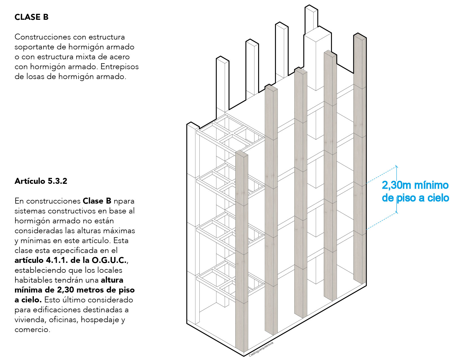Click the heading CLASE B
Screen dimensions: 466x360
pos(32,17)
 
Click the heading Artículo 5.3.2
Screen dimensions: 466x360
pos(41,181)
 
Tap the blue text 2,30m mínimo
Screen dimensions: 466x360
pos(415,185)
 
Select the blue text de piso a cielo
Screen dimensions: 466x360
pos(415,198)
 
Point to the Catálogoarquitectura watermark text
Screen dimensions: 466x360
pos(261,349)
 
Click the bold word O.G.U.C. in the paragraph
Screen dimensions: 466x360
pos(109,260)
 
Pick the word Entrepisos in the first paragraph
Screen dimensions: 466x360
pos(120,67)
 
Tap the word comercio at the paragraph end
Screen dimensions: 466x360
pos(32,330)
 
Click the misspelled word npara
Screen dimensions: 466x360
pos(124,201)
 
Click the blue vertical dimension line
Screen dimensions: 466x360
pos(397,189)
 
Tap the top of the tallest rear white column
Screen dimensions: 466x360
pos(311,8)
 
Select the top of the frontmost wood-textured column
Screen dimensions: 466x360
pos(242,154)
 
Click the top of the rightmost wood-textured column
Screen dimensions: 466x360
pos(360,36)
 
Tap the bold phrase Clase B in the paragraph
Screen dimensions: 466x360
pos(97,201)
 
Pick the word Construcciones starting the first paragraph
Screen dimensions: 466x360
pos(43,37)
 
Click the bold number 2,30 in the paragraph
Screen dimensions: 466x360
pos(66,290)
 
